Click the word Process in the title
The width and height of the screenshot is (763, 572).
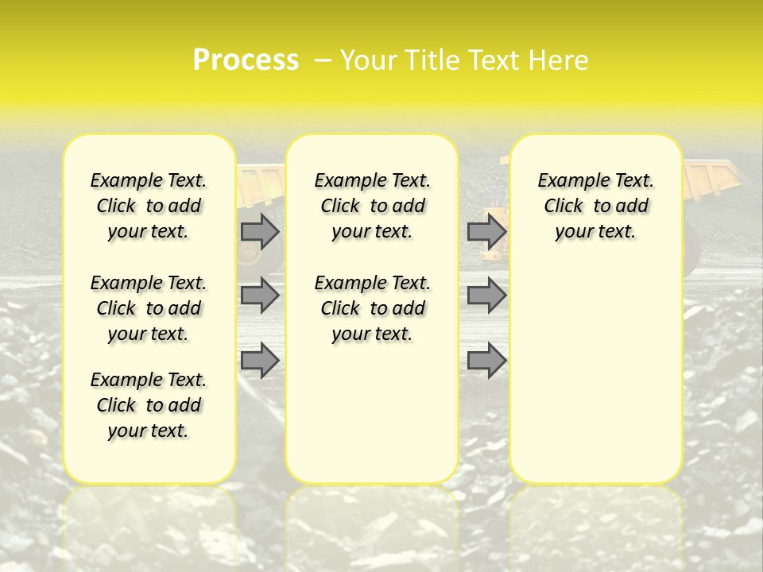(x=246, y=60)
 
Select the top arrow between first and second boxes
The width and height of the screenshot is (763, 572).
(x=260, y=231)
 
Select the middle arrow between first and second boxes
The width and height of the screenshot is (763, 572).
(x=260, y=296)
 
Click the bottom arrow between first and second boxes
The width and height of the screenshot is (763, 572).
(x=260, y=361)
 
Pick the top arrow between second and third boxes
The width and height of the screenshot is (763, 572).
(x=486, y=231)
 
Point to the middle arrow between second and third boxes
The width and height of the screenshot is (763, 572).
(x=486, y=296)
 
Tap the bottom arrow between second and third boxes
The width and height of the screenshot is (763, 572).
(x=486, y=361)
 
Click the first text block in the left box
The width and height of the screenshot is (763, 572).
(x=149, y=206)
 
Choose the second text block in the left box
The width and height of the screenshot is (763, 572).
(x=149, y=308)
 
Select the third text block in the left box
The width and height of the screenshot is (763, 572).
(x=149, y=405)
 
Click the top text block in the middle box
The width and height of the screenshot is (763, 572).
(x=372, y=206)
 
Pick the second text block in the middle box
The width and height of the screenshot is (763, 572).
(x=372, y=308)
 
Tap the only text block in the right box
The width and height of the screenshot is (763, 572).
(x=595, y=206)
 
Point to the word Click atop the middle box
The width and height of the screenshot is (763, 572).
(x=340, y=207)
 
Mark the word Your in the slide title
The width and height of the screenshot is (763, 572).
(x=366, y=60)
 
